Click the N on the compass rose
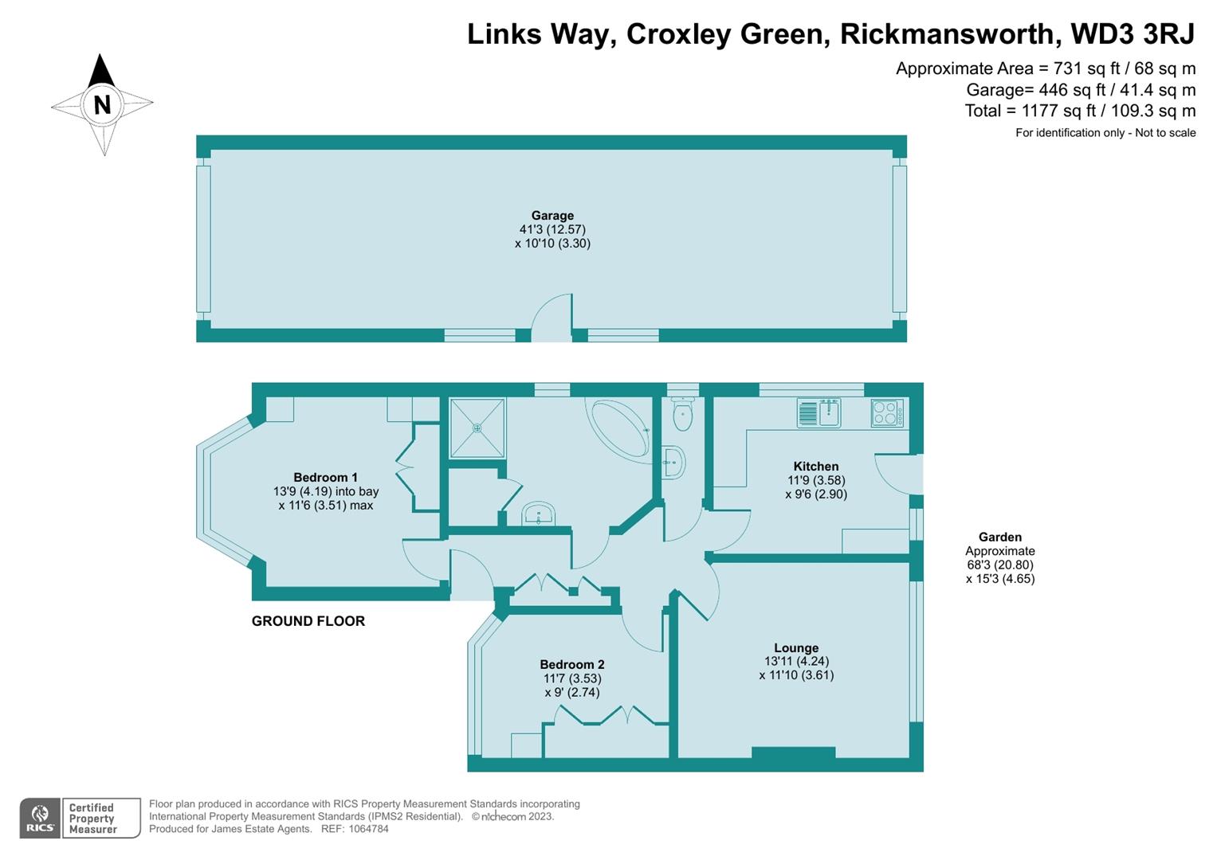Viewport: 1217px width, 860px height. tap(102, 104)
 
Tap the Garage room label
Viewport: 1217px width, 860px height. tap(552, 216)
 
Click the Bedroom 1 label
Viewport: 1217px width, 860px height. tap(325, 477)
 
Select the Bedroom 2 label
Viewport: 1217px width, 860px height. tap(572, 664)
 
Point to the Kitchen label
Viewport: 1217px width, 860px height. tap(816, 466)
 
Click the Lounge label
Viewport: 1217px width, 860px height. tap(796, 647)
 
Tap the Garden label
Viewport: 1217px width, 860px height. tap(1000, 537)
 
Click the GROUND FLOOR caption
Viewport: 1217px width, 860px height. tap(308, 621)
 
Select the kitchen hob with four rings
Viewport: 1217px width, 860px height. tap(887, 413)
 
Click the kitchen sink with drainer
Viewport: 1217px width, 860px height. tap(819, 412)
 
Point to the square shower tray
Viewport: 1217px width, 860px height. tap(477, 428)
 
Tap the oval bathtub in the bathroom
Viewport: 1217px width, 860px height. tap(620, 428)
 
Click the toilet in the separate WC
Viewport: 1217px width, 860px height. tap(682, 414)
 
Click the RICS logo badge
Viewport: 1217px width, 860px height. tap(40, 819)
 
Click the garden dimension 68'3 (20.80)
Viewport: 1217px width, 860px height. tap(1000, 565)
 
